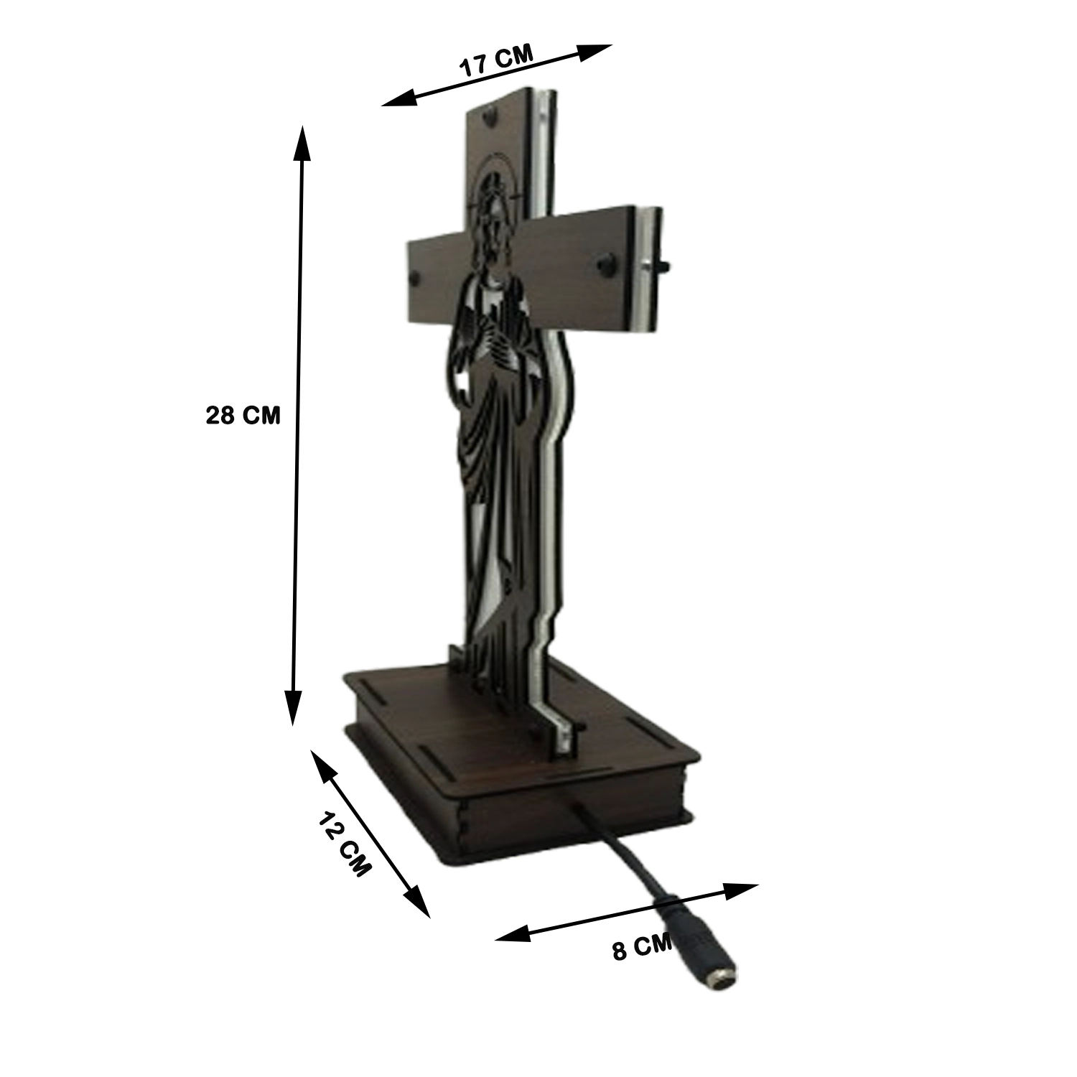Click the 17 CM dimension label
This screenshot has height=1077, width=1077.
pos(496,61)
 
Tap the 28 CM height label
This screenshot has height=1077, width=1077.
pos(243,415)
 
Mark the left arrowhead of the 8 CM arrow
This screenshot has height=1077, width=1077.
pos(511,934)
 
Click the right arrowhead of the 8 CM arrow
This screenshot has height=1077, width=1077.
pos(742,890)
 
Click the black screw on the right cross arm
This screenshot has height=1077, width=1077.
pos(604,264)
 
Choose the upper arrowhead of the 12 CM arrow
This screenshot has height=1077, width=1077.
pos(322,763)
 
